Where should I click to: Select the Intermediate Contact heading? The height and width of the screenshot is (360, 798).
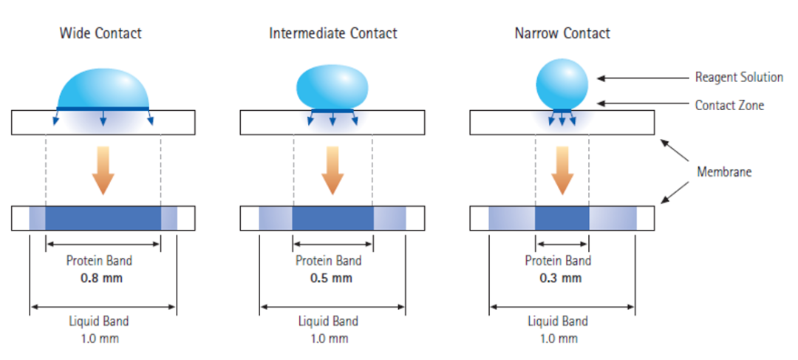(333, 33)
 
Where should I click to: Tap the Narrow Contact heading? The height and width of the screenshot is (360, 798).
(562, 33)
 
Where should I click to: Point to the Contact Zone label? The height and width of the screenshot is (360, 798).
(729, 105)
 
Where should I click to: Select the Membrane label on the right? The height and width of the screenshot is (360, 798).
(724, 171)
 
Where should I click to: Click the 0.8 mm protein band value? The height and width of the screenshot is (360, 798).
(101, 279)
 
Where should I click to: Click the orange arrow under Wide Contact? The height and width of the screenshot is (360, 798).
(103, 169)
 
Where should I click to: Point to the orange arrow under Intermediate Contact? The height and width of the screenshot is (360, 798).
(332, 169)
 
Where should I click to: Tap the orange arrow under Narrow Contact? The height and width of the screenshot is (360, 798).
(562, 169)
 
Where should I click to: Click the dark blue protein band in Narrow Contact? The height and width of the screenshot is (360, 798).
(562, 218)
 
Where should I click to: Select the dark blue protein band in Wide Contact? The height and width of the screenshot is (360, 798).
(103, 218)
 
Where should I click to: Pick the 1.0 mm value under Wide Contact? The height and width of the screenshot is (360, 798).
(101, 339)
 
